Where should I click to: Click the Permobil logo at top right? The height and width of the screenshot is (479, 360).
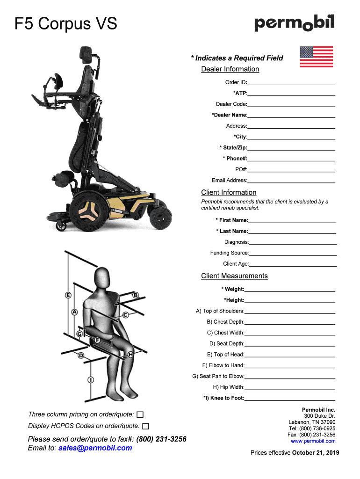(x=294, y=23)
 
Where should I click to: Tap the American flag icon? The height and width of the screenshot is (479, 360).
(x=316, y=57)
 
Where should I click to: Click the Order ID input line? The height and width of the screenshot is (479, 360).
(x=291, y=82)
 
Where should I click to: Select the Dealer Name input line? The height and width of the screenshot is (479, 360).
(x=291, y=115)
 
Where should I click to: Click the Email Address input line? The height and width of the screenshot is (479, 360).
(x=291, y=181)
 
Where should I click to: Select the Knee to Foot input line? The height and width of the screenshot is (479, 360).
(x=289, y=399)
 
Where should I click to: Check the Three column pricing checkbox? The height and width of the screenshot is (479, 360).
(x=140, y=415)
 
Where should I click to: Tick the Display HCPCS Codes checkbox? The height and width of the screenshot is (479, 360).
(x=145, y=426)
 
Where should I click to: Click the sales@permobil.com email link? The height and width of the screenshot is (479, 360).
(x=95, y=448)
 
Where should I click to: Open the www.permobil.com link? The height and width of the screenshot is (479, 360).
(x=313, y=441)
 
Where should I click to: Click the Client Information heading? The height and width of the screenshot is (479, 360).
(x=229, y=192)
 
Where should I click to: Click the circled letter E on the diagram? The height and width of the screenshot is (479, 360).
(x=68, y=295)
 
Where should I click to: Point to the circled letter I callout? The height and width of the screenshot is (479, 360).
(x=90, y=380)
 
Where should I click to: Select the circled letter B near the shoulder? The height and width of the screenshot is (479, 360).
(x=136, y=295)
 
